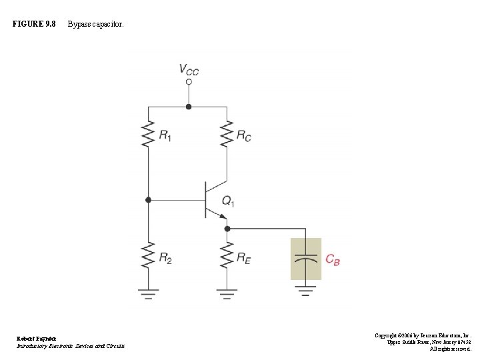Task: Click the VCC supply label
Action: point(189,69)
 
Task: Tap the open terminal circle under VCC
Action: point(189,82)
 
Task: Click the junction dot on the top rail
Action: point(189,106)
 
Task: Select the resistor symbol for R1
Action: point(149,134)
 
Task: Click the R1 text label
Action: point(165,135)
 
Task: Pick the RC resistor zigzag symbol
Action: point(227,134)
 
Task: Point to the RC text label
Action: point(244,135)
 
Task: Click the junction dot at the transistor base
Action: point(149,199)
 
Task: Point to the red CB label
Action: point(333,260)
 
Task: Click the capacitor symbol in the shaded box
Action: point(305,259)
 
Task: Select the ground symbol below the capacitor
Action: point(305,291)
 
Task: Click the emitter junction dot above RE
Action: point(227,228)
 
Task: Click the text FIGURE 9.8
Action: point(34,25)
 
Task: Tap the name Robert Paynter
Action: point(37,339)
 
